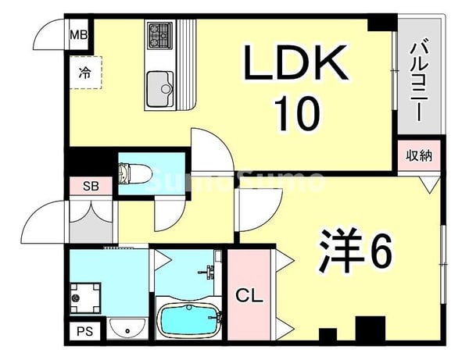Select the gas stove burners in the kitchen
click(x=159, y=34)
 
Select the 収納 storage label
click(x=417, y=155)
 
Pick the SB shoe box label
click(x=90, y=186)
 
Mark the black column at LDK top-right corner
click(x=380, y=23)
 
